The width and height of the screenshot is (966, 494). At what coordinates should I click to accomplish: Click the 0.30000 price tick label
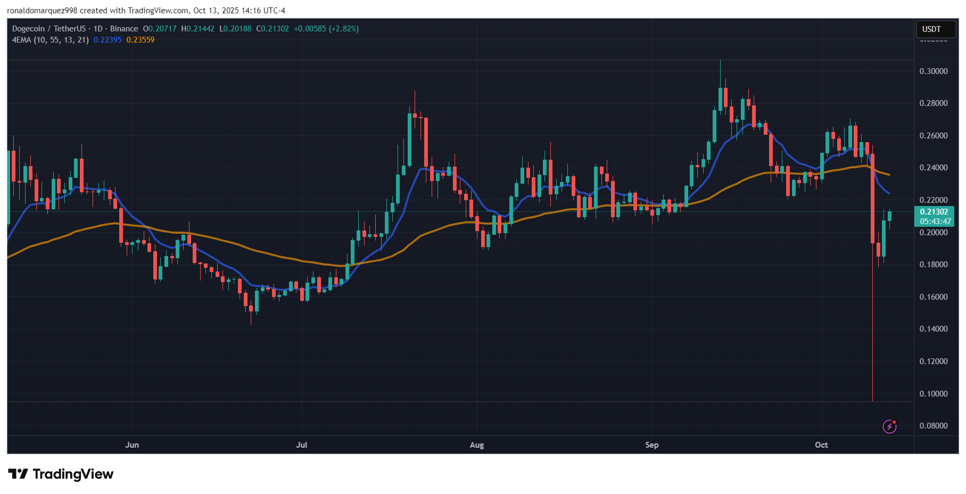934,71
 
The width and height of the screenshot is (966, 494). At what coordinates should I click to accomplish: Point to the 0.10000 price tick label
934,394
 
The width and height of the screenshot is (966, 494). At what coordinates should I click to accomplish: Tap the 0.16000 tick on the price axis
934,297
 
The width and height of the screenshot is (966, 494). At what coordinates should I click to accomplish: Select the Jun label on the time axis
132,445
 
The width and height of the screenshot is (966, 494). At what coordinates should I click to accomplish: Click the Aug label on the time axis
477,445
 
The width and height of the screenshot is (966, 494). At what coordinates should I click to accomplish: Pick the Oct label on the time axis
821,445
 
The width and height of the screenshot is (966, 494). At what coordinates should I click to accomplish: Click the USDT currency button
931,29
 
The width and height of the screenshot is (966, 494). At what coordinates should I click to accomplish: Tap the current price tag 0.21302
934,212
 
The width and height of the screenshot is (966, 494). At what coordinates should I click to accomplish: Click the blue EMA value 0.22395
108,40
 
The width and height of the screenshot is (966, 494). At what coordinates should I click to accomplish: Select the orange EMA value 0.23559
141,40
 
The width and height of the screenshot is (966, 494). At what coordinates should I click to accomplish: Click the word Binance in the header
124,29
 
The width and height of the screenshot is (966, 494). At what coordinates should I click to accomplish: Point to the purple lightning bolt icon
889,426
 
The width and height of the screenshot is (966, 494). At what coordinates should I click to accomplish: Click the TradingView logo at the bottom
61,474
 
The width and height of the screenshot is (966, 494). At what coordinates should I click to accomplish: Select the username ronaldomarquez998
42,11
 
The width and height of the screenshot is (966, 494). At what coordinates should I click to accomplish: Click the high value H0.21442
197,29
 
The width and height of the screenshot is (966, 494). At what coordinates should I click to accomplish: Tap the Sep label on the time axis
651,445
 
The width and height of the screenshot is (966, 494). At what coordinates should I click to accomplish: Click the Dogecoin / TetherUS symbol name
49,29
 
